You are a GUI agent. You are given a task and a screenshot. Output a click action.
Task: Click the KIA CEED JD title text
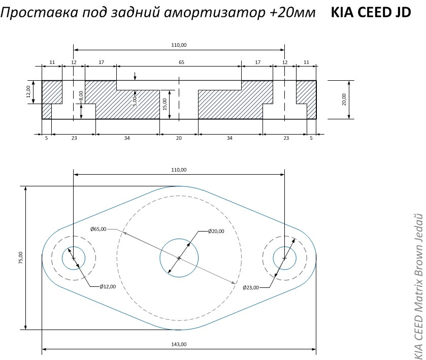pos(371,12)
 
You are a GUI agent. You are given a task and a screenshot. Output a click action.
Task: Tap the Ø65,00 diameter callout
pos(99,229)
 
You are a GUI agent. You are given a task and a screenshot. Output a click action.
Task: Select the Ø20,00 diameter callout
pos(216,231)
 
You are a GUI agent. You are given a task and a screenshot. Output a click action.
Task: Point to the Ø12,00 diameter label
pos(108,286)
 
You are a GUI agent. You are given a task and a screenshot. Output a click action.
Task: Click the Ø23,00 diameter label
pos(251,287)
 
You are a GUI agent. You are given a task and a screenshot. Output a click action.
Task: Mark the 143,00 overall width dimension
pos(179,344)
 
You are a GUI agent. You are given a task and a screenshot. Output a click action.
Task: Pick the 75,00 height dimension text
pos(21,258)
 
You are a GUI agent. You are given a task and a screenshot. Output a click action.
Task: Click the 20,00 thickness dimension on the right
pos(344,100)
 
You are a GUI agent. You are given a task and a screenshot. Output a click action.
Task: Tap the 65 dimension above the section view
pos(181,62)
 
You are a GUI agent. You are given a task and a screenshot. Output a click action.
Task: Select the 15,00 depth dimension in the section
pos(165,104)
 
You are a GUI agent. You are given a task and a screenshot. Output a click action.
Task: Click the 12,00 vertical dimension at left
pos(28,92)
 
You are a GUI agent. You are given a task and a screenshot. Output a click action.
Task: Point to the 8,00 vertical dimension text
pos(81,95)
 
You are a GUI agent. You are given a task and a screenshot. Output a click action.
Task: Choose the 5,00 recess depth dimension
pos(135,101)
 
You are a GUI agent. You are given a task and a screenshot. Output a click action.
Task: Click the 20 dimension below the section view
pos(179,138)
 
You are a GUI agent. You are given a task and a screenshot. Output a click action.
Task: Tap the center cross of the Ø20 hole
pos(179,258)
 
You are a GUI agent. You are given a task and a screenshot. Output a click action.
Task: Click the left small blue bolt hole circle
pos(74,258)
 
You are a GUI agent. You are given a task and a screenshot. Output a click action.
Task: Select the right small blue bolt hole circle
pos(284,258)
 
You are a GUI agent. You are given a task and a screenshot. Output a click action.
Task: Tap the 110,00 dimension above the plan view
pos(179,170)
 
